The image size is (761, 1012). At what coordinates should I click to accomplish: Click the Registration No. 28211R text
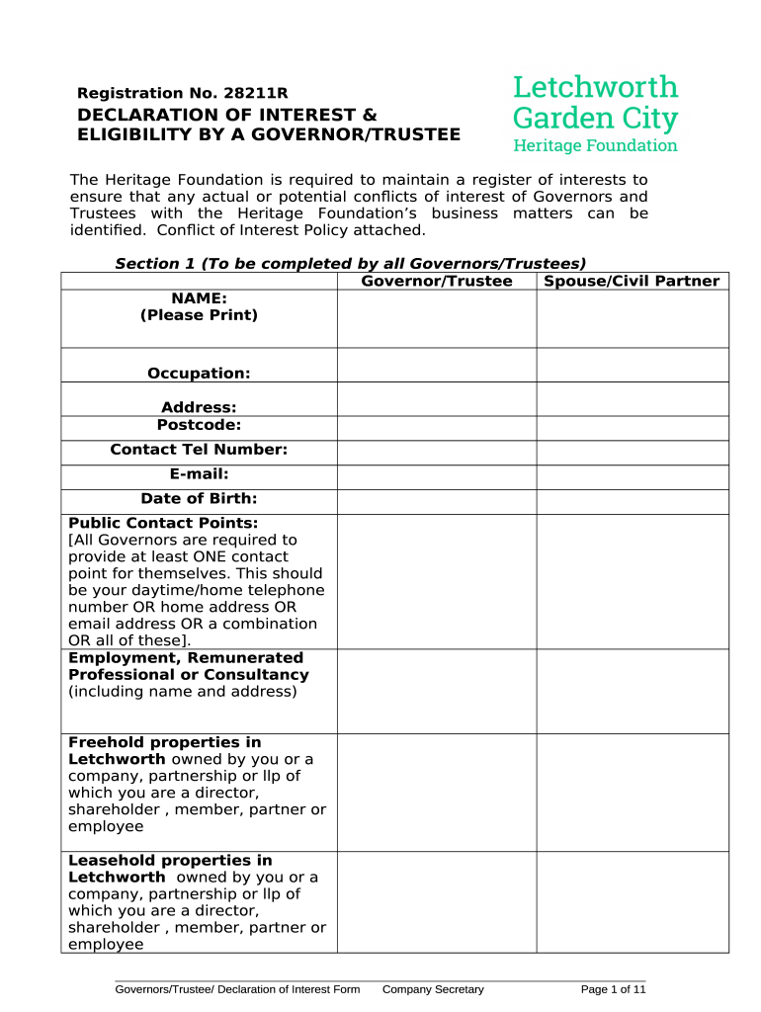183,94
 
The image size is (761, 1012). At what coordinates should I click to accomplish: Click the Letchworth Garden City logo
595,113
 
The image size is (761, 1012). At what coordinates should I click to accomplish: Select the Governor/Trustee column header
436,282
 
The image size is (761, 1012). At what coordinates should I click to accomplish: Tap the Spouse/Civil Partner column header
632,282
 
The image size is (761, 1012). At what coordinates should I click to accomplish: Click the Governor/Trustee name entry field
436,319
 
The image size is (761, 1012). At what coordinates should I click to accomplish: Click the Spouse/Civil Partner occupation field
632,366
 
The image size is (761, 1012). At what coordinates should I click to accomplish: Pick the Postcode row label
199,426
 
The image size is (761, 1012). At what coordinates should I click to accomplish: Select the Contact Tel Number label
199,451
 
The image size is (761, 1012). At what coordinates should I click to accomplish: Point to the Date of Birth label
199,500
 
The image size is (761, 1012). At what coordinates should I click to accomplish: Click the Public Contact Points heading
163,523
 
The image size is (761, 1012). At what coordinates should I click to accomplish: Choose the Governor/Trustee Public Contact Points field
436,581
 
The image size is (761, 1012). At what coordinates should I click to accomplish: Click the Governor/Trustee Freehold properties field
436,792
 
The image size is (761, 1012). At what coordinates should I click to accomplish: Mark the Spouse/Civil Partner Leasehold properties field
632,902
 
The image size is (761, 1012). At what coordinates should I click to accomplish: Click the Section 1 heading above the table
351,263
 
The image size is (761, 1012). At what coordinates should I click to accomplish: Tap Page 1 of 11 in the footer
613,989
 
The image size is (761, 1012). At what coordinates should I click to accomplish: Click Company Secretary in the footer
433,989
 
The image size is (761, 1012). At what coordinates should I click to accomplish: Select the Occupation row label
199,374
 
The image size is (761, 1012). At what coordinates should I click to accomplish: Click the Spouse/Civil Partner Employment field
632,691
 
